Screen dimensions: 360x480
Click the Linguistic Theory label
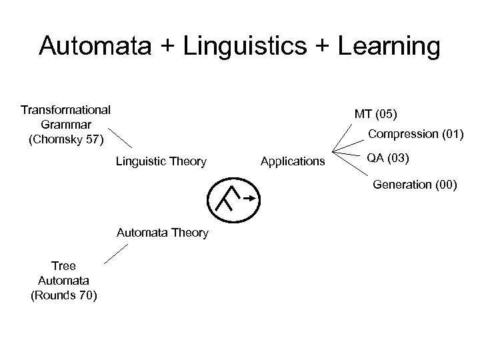(161, 161)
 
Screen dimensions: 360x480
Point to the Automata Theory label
(163, 233)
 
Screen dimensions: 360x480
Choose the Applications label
(293, 161)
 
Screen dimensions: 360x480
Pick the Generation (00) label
(415, 185)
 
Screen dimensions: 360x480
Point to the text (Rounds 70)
(65, 295)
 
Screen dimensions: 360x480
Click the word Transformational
(66, 109)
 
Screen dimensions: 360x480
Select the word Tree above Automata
(63, 266)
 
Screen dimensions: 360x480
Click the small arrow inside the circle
(248, 197)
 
